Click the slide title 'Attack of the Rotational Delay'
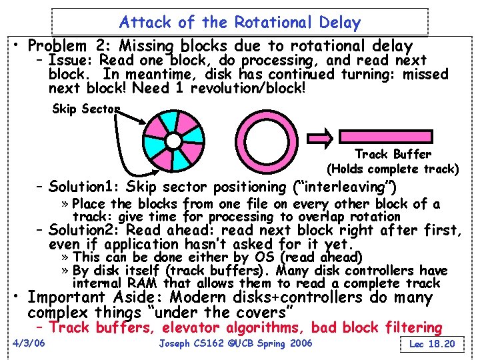(x=239, y=22)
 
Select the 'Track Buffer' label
(x=393, y=155)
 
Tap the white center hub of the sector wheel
(x=173, y=141)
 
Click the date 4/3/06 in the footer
(x=29, y=343)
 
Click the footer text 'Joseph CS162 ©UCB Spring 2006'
(x=236, y=343)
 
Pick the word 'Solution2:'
(x=85, y=231)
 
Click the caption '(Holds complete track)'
(x=393, y=169)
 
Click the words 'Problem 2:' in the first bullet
(x=67, y=46)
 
